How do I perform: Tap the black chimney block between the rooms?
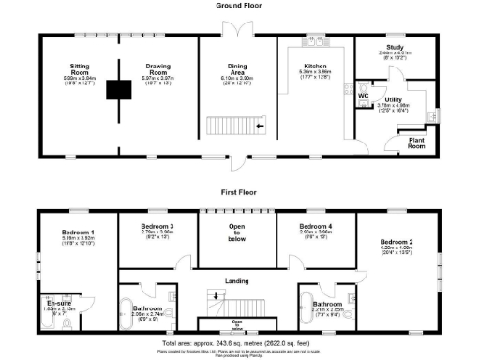point(118,90)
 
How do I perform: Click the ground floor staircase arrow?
point(259,123)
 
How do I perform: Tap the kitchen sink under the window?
point(316,43)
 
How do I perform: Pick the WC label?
point(362,96)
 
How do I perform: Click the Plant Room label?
point(415,142)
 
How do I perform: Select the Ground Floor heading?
point(237,6)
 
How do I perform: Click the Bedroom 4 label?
point(315,227)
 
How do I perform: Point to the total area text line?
point(237,344)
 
